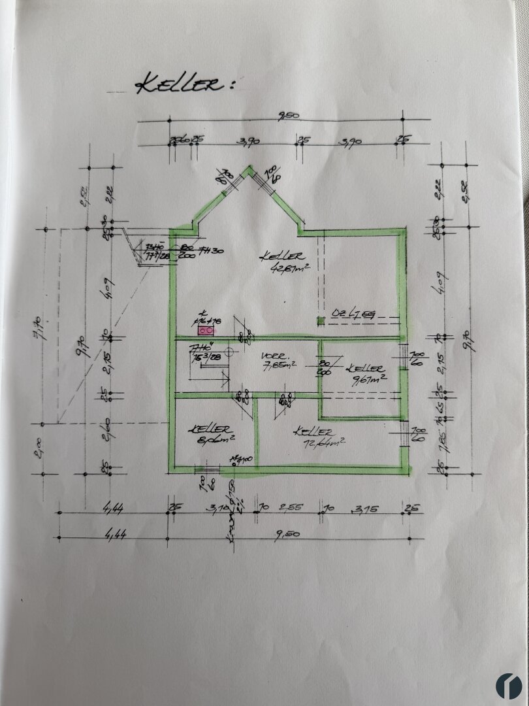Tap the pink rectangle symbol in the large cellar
point(201,331)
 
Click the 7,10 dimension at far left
point(37,325)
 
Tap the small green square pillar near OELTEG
point(321,320)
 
